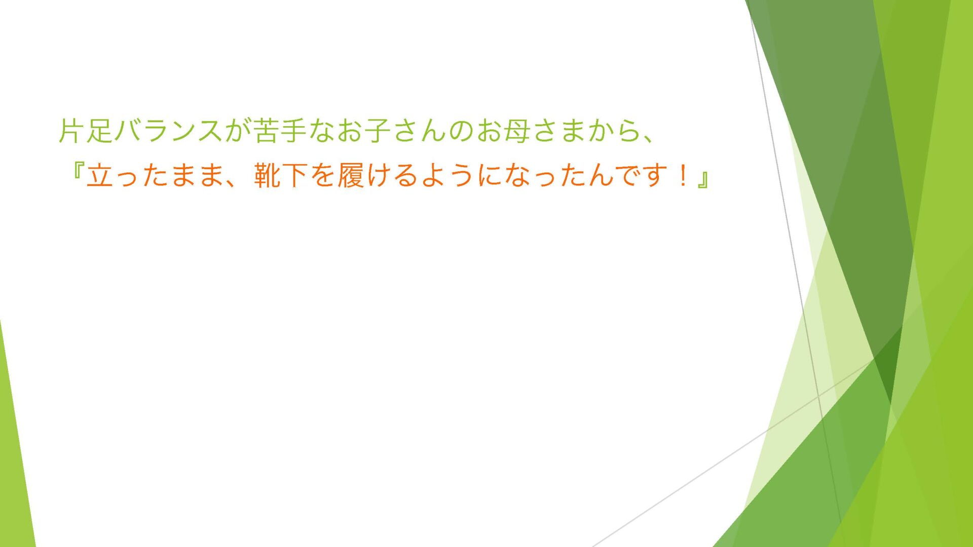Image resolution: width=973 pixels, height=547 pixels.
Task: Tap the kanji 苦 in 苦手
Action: point(267,130)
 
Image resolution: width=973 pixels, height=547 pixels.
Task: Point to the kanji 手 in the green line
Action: point(294,130)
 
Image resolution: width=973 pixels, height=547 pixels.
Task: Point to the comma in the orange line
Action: point(233,182)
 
